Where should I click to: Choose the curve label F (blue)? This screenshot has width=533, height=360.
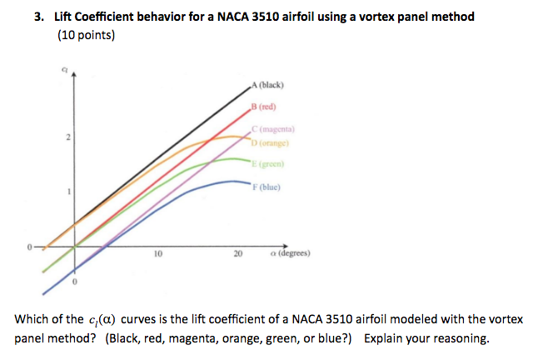(x=267, y=186)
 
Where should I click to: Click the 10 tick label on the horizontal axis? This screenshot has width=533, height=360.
(x=157, y=256)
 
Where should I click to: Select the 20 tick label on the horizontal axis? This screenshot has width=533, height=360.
(x=237, y=256)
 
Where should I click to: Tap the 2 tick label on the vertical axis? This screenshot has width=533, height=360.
(x=69, y=137)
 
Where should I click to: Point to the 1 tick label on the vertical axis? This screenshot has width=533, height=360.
(x=69, y=192)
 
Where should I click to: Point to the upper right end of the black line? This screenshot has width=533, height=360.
(x=251, y=84)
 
